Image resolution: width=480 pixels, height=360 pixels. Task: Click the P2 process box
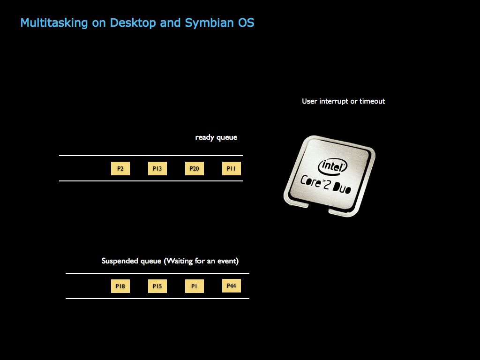point(120,169)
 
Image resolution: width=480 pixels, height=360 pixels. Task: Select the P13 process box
point(157,169)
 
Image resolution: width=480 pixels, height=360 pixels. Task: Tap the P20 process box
point(195,169)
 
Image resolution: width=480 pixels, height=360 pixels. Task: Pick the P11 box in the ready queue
point(232,169)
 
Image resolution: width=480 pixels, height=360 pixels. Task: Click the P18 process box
point(120,286)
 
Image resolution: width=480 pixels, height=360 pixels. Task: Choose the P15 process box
point(157,286)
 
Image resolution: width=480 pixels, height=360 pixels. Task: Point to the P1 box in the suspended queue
point(195,286)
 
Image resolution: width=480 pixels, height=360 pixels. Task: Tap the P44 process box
point(232,285)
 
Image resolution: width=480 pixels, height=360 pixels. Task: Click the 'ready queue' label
point(216,137)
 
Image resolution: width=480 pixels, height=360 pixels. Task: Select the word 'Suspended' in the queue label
point(120,261)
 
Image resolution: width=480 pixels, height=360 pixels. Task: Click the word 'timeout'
point(372,101)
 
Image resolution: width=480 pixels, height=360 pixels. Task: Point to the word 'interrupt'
point(334,101)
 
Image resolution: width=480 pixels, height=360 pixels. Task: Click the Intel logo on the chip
point(333,166)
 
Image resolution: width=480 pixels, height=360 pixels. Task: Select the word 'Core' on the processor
point(310,180)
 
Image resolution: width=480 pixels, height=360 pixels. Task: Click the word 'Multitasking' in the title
point(54,22)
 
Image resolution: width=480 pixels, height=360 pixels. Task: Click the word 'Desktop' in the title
point(133,22)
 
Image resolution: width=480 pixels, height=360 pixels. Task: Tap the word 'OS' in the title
point(246,22)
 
